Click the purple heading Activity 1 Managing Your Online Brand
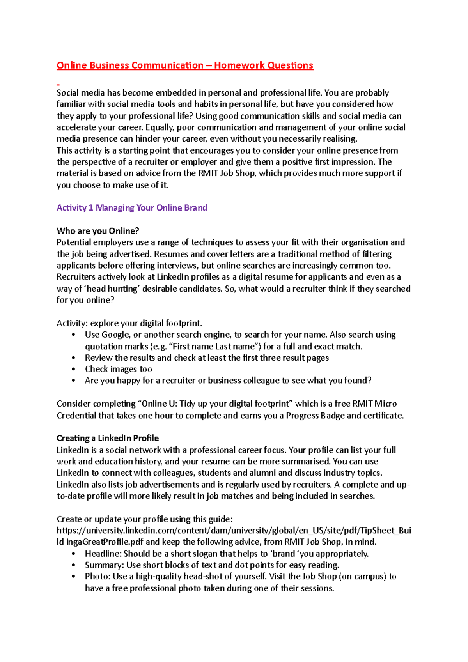click(x=132, y=208)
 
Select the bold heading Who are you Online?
click(x=98, y=231)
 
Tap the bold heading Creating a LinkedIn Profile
click(x=108, y=438)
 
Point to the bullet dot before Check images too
click(x=74, y=369)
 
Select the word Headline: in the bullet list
click(x=103, y=554)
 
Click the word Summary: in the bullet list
click(x=104, y=565)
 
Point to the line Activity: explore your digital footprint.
click(x=129, y=323)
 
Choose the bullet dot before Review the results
click(x=74, y=358)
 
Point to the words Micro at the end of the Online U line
click(x=386, y=404)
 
